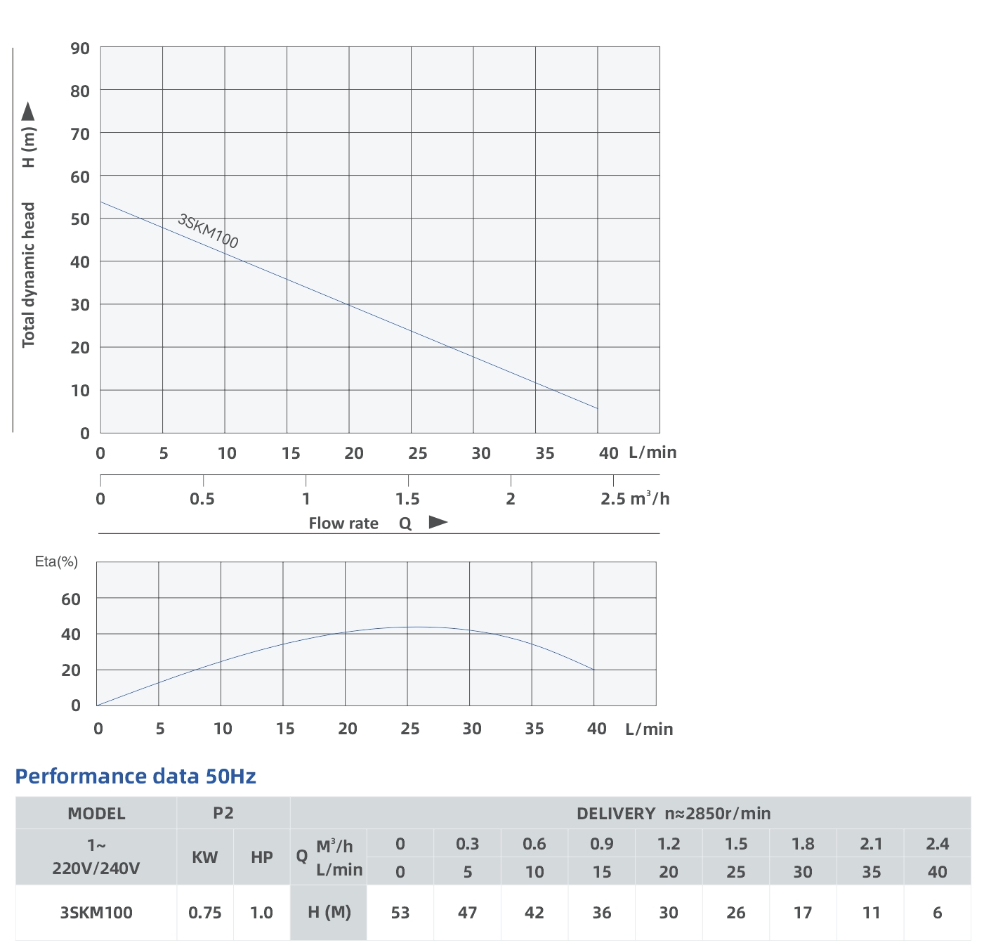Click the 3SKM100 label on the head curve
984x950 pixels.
click(208, 231)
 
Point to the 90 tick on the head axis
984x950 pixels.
click(80, 48)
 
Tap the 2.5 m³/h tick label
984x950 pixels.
click(634, 499)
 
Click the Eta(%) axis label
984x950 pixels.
click(56, 561)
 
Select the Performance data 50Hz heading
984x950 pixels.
click(136, 776)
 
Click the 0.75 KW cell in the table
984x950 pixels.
click(204, 913)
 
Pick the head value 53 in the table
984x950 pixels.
click(400, 913)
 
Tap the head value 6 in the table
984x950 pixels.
click(937, 913)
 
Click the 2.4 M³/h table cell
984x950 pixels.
click(937, 844)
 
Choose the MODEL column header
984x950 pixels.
click(96, 814)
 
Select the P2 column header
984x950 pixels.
click(223, 813)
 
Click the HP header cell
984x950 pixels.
click(261, 857)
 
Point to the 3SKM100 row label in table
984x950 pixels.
click(96, 913)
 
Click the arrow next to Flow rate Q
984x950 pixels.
click(438, 522)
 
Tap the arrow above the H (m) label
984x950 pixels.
click(28, 112)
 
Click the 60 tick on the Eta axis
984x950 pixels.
click(71, 599)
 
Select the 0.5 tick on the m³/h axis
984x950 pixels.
click(202, 499)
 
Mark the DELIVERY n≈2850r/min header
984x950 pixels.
click(673, 814)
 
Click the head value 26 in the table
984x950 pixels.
click(735, 913)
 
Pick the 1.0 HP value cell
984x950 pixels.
click(261, 913)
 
